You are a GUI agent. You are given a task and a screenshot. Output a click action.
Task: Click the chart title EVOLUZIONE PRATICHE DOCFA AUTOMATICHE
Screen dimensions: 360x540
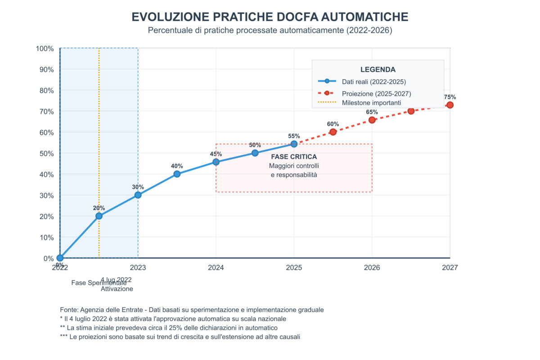[270, 17]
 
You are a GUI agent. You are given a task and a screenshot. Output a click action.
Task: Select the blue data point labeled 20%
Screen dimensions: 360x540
[99, 216]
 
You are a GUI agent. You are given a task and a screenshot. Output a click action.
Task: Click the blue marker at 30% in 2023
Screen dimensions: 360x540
[138, 195]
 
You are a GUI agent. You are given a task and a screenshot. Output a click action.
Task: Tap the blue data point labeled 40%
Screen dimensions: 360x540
[177, 174]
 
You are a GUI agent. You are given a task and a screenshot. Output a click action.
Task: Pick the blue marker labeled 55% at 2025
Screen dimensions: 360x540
[294, 144]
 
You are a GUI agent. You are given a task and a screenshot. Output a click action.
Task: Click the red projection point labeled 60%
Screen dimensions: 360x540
[333, 132]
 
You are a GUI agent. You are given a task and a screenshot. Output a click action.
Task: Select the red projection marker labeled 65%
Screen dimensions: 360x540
[372, 120]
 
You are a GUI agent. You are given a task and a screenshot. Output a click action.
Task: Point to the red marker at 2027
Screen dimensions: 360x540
[450, 105]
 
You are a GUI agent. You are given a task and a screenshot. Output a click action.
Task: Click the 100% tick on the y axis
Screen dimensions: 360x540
[45, 49]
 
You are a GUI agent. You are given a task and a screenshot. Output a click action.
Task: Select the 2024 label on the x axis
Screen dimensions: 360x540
[216, 268]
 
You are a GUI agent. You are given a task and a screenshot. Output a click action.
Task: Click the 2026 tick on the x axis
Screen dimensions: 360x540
[372, 268]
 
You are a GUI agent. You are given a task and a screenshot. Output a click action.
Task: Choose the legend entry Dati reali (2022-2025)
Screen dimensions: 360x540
[373, 82]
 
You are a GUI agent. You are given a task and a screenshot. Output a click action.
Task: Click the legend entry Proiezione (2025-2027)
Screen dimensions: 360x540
[376, 94]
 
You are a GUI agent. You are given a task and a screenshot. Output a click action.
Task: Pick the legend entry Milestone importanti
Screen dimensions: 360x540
[371, 103]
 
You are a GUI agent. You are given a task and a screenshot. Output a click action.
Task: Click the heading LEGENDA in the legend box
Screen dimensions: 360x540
[378, 70]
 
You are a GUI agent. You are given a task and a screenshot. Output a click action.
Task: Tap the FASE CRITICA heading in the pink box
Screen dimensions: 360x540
[294, 157]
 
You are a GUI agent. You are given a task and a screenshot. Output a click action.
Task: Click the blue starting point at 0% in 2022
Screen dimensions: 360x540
[60, 258]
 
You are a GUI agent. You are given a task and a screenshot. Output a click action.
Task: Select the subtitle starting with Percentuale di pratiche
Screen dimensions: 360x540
[270, 31]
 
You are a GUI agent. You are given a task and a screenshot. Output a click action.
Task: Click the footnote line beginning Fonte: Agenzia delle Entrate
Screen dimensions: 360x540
[192, 310]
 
